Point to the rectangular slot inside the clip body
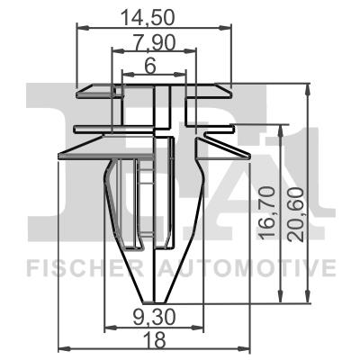pyautogui.click(x=142, y=202)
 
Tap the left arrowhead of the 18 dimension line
pyautogui.click(x=61, y=347)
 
